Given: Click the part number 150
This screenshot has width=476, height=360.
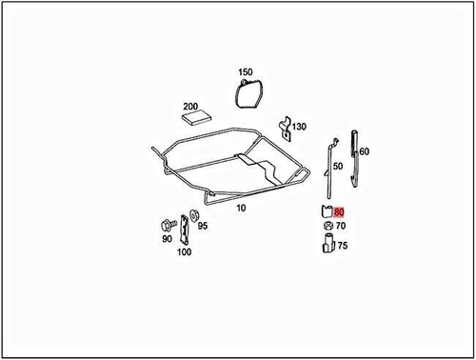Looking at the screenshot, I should (246, 72).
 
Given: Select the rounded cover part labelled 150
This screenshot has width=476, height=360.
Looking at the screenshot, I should (249, 92).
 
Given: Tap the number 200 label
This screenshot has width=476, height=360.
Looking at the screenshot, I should (189, 107).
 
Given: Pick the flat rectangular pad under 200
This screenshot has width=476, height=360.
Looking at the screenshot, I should (198, 120).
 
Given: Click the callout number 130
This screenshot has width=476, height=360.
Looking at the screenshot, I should (300, 127).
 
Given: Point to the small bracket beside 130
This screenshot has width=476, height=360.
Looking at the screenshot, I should (284, 129).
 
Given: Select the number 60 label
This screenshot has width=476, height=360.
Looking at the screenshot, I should (365, 151).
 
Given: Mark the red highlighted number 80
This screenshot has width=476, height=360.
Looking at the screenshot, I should (340, 212).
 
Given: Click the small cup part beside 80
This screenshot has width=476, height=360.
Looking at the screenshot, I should (327, 212).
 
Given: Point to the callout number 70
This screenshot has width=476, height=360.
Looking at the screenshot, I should (341, 227).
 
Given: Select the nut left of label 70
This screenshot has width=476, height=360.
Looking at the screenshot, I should (327, 227).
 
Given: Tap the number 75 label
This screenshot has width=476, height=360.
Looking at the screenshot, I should (342, 246).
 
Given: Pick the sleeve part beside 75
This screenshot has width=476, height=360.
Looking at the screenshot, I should (327, 246).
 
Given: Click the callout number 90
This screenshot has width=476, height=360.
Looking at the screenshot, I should (167, 239).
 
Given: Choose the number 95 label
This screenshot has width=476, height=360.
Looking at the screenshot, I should (203, 228).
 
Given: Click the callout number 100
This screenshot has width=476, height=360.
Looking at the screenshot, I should (184, 252).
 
